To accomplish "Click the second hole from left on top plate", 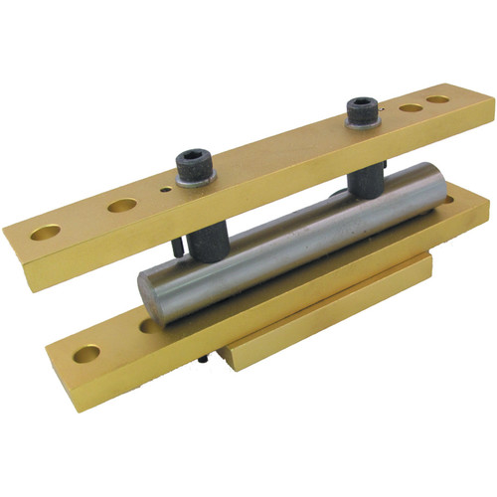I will coord(122,206).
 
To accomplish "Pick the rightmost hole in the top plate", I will coord(436,100).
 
